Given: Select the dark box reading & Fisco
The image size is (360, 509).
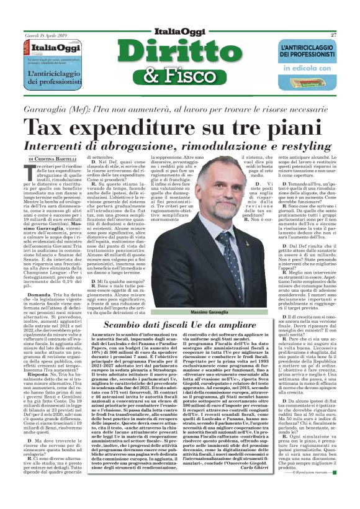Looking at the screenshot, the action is [179, 79].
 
